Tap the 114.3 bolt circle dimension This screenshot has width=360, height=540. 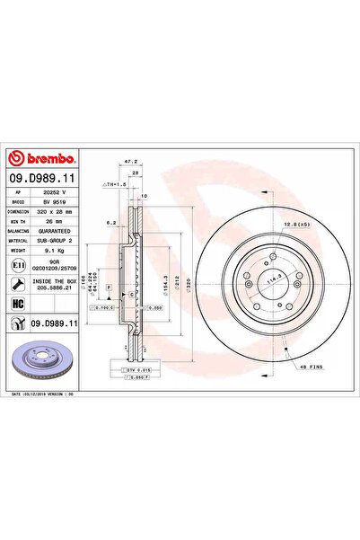pyautogui.click(x=270, y=280)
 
